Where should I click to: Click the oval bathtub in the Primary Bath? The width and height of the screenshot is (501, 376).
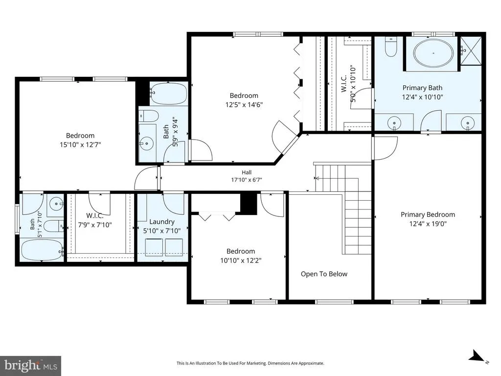[433, 53]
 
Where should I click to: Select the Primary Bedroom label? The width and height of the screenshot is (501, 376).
[428, 214]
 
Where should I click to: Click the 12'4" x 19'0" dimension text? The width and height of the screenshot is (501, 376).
[428, 223]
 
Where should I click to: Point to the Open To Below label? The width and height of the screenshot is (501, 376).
[324, 274]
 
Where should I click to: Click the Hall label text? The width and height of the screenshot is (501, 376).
[247, 172]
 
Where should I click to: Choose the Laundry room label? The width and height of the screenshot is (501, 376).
[162, 222]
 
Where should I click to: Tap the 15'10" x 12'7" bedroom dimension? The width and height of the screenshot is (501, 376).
[80, 144]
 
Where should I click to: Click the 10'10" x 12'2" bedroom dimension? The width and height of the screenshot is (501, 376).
[241, 260]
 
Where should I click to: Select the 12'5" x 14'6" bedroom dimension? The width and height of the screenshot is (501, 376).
[244, 105]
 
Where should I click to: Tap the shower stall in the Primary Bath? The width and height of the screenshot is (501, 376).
[471, 51]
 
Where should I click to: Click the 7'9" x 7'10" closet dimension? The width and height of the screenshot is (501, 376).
[95, 225]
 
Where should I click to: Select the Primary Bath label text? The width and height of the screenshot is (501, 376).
[422, 88]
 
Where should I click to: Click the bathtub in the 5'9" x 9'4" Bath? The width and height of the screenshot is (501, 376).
[168, 94]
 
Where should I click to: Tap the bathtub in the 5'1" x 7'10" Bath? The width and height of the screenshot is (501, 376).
[42, 250]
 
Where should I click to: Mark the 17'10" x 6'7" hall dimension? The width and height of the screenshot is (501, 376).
[247, 180]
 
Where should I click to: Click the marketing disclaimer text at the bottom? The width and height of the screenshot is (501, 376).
[250, 363]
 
